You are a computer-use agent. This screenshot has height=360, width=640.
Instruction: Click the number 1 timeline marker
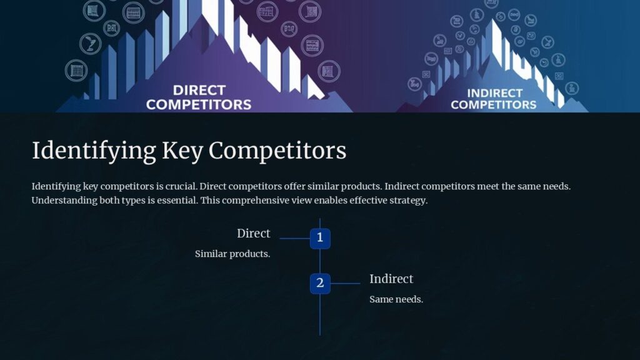tap(320, 238)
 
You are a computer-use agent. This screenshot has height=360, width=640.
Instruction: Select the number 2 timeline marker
tap(320, 283)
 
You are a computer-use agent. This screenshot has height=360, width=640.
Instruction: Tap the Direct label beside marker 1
tap(253, 233)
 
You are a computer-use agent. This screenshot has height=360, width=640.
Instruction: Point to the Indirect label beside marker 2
tap(391, 279)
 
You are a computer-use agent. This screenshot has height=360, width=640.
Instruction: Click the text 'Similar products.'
tap(232, 254)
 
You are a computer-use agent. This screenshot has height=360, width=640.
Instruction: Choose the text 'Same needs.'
tap(396, 299)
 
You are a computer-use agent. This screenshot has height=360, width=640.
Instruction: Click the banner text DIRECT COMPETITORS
tap(199, 97)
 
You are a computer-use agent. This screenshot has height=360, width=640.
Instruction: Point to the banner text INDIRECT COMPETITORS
tap(494, 99)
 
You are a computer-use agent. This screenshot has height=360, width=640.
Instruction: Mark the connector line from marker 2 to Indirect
tap(345, 283)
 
